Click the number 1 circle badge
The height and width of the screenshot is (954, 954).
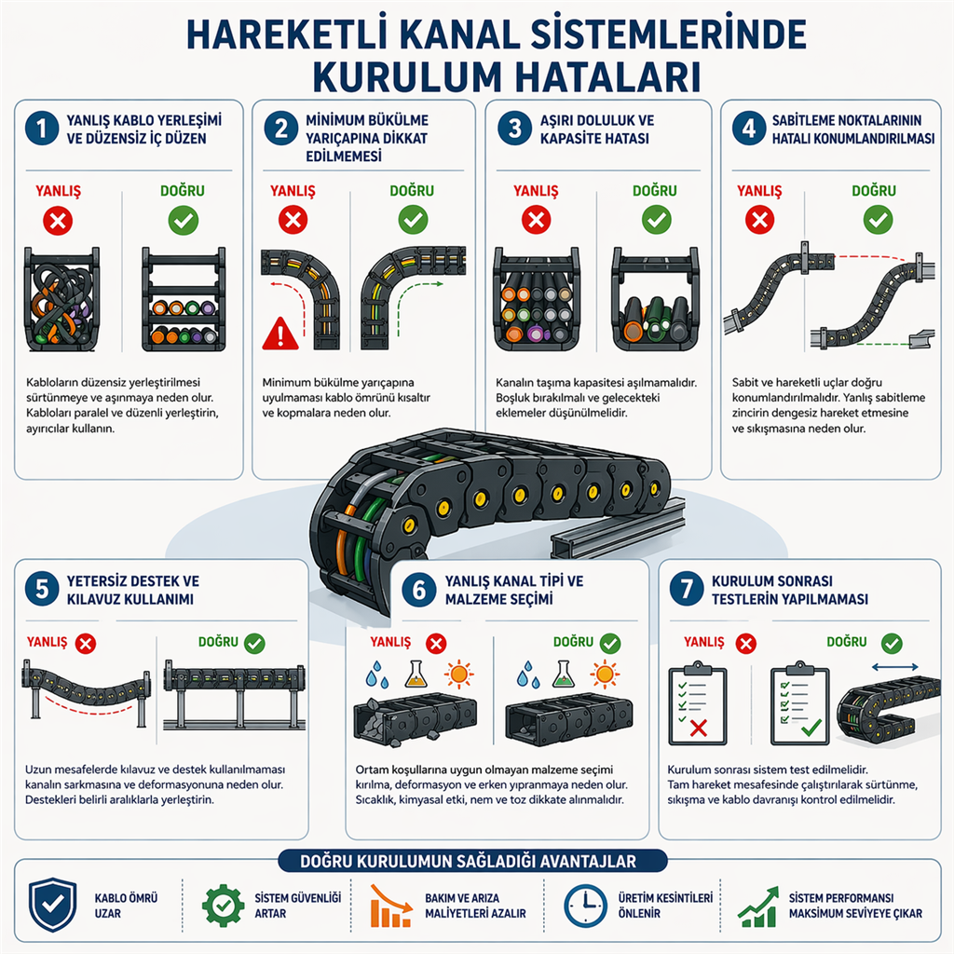42,129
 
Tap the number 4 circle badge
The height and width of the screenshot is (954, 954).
748,129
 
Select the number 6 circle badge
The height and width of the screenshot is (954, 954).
419,590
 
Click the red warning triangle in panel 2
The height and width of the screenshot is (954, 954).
279,334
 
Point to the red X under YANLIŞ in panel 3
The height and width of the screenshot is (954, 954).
536,220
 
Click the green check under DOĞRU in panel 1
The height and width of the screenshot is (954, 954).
184,220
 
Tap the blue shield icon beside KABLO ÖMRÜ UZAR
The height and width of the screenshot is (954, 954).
53,905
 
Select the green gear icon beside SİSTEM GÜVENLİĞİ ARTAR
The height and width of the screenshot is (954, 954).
223,906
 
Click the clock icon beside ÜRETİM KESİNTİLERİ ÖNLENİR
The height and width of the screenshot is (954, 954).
585,906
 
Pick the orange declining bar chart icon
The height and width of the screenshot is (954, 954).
390,906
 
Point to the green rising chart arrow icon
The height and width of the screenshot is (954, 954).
758,906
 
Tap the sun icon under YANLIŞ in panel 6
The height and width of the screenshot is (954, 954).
458,675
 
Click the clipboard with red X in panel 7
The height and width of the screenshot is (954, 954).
697,706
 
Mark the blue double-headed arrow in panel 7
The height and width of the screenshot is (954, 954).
894,667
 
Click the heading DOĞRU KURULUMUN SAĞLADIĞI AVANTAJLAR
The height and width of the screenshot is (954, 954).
468,862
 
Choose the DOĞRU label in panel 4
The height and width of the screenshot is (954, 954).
874,190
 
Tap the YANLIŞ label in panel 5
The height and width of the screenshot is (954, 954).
47,642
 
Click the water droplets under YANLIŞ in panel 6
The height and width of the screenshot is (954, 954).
376,675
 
